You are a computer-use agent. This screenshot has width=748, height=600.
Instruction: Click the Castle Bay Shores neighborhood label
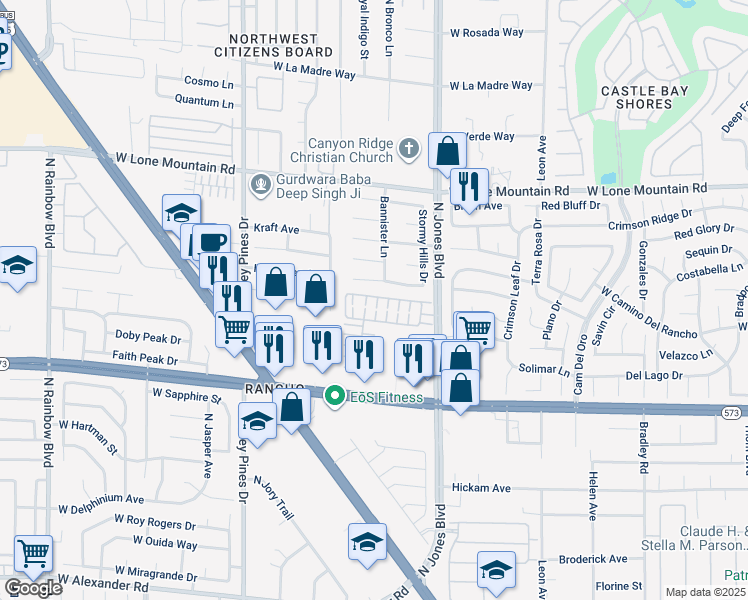(637, 97)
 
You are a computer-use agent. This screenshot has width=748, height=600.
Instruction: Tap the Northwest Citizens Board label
(274, 44)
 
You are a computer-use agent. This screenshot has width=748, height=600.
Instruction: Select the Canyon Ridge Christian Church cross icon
(407, 149)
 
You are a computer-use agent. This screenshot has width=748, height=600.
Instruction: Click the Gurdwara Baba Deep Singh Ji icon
(261, 184)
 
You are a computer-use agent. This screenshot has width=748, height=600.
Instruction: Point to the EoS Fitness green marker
(335, 397)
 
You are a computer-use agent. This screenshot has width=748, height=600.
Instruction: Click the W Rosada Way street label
(486, 32)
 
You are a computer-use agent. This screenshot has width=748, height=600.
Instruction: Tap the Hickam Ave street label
(481, 488)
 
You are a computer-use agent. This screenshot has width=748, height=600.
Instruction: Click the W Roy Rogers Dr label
(154, 523)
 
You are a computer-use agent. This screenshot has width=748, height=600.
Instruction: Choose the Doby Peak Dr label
(146, 337)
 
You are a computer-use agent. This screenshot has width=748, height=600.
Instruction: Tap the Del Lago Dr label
(653, 375)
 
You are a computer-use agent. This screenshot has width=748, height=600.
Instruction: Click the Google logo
(32, 588)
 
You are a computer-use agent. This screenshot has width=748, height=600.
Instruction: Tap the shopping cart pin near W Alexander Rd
(34, 551)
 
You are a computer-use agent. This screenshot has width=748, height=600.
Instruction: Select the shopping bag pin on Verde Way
(448, 150)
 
